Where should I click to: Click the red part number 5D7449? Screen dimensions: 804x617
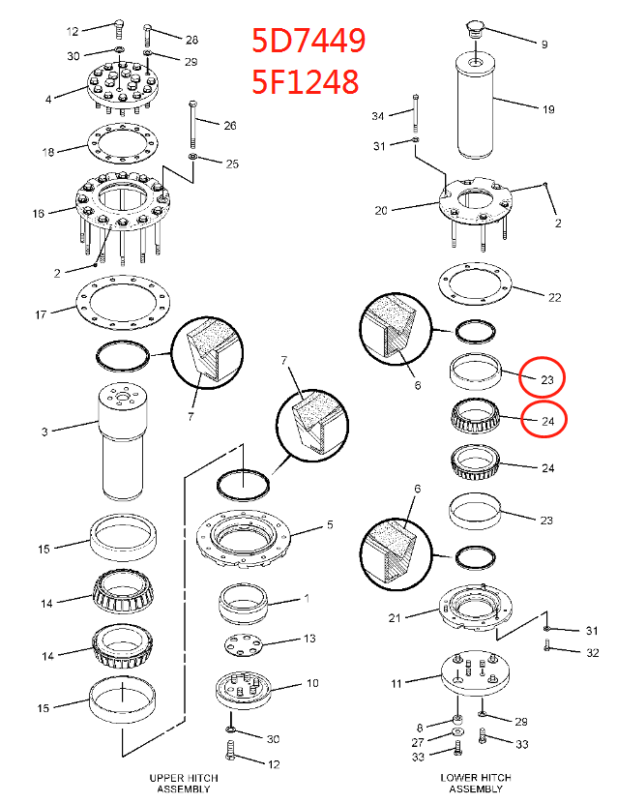coord(308,42)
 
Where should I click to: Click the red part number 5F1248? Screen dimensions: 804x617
coord(306,81)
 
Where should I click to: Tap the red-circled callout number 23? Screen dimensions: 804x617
coord(545,379)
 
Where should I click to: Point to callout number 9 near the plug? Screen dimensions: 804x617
coord(543,45)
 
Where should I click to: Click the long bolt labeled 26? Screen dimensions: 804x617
coord(194,121)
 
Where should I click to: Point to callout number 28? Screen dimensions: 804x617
coord(191,40)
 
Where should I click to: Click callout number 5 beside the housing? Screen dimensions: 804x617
coord(330,526)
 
